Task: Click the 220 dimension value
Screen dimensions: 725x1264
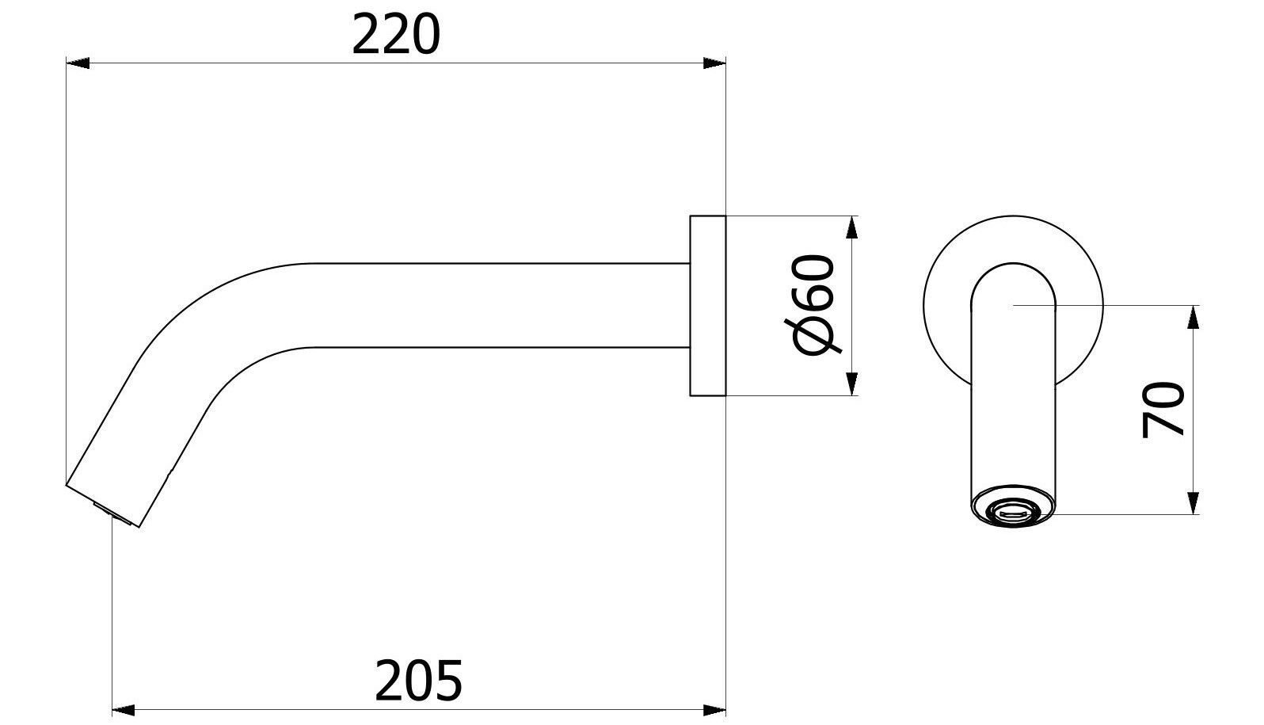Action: [395, 36]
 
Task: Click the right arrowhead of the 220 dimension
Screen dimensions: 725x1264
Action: [715, 63]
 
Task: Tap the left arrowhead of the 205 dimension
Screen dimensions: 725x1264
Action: [124, 708]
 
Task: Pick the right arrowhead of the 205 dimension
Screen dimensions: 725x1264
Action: [716, 708]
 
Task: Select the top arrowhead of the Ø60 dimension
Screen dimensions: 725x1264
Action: [852, 227]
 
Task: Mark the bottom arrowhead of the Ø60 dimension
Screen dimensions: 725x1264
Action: [852, 384]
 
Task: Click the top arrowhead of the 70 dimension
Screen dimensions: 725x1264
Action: [1193, 317]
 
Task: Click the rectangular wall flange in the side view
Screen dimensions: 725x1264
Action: [707, 305]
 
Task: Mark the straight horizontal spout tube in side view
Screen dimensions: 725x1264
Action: [499, 305]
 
